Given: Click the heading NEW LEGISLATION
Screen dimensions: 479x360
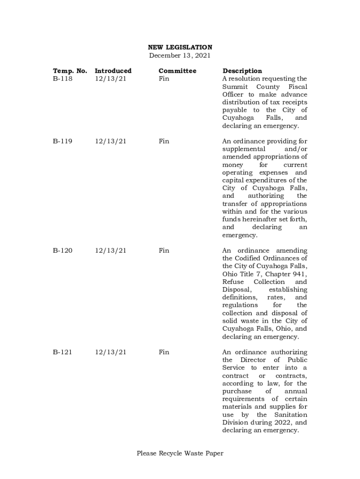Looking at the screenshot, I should [180, 47].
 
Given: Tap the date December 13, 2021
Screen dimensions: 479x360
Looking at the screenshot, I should [180, 55].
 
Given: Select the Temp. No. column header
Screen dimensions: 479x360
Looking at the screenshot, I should [70, 71].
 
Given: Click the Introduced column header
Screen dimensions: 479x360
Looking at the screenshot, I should [113, 71].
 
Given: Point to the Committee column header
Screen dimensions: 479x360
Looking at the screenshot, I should [177, 71].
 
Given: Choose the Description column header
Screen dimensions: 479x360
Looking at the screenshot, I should [242, 71].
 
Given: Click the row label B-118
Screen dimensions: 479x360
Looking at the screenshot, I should [63, 79].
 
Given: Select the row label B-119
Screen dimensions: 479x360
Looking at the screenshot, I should [63, 141].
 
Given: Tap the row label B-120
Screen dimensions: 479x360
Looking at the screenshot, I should [63, 251].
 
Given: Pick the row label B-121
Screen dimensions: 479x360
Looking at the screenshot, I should [63, 352].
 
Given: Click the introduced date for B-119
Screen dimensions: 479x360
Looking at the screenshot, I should [111, 141].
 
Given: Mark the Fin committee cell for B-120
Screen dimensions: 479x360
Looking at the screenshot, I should [164, 251].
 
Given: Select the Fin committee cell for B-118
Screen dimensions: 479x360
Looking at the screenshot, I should [164, 79].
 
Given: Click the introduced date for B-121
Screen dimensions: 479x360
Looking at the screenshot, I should [111, 352].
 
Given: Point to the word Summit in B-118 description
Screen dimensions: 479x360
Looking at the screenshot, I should [234, 87].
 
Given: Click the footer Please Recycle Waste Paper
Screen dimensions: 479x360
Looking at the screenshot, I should [180, 453].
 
